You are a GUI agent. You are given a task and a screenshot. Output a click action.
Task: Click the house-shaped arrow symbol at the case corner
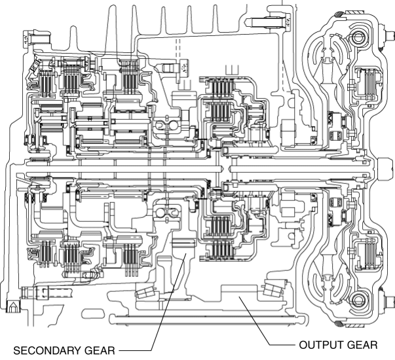click(x=11, y=305)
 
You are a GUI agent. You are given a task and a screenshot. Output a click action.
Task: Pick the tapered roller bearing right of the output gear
click(x=272, y=289)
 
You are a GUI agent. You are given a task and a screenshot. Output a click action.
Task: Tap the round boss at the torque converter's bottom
click(x=358, y=302)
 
